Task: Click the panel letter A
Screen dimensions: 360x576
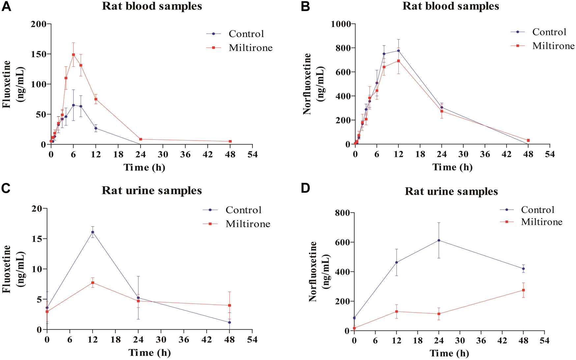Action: pos(6,7)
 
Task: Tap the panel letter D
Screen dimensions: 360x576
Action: pos(305,189)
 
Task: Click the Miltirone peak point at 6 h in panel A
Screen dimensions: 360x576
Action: pos(73,55)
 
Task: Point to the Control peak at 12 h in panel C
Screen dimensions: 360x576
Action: pos(93,232)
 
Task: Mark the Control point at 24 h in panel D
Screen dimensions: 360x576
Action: pos(439,240)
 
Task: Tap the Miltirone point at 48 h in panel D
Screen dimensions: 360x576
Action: pos(523,290)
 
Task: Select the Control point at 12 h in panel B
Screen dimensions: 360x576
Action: pos(398,50)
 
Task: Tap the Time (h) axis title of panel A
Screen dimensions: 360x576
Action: pos(144,167)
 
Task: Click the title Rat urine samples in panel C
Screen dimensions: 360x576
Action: pos(152,191)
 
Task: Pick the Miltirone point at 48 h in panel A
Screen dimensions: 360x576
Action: pos(230,141)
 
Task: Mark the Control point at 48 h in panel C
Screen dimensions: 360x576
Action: pos(229,322)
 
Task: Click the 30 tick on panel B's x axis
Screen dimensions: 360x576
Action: pos(463,154)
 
